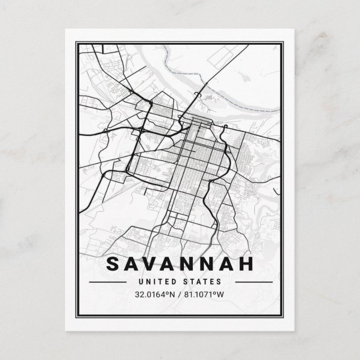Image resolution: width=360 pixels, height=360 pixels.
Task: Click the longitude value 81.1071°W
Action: [209, 295]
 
